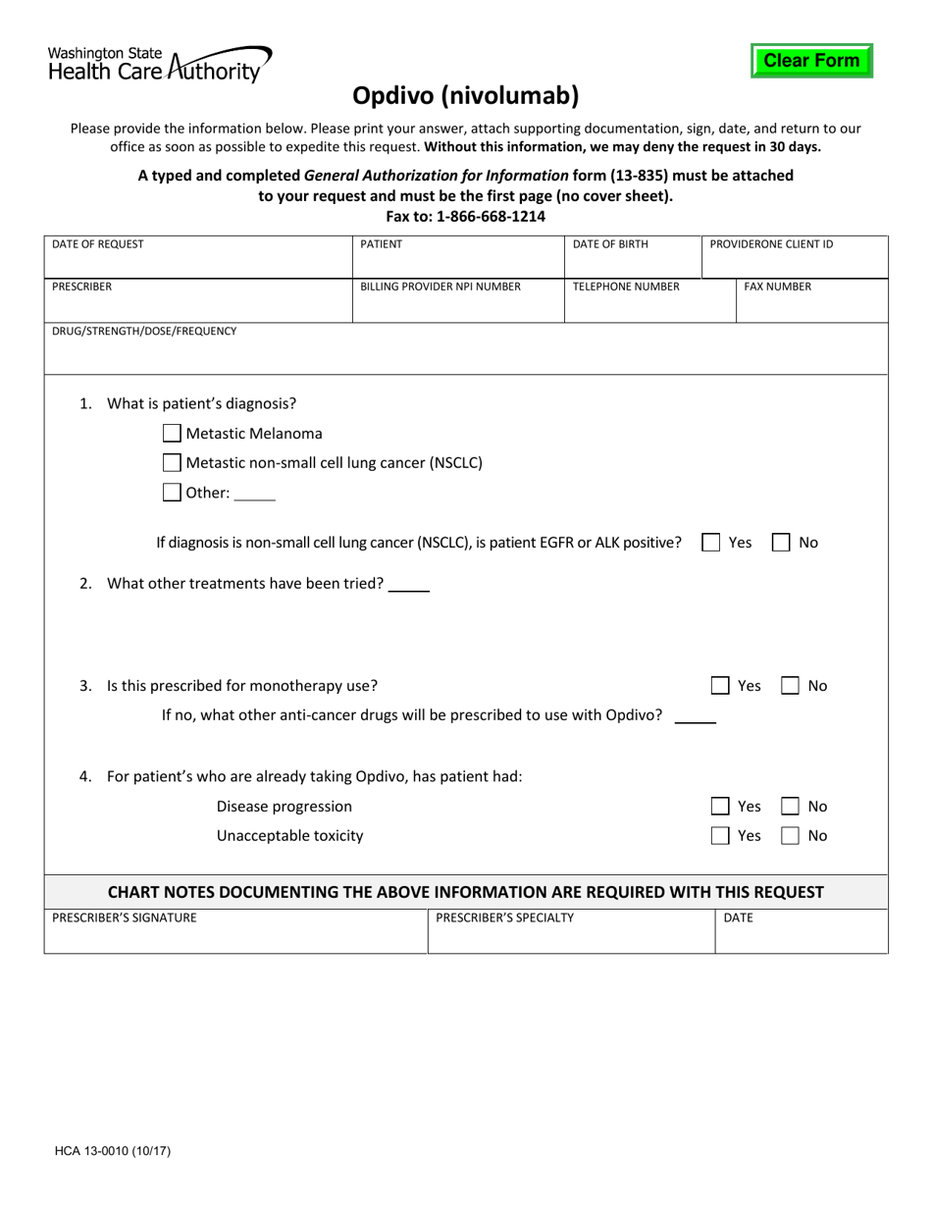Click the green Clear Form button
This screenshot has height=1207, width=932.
coord(811,61)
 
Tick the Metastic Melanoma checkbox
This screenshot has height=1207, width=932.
coord(172,433)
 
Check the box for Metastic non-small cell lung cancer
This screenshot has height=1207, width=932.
coord(172,462)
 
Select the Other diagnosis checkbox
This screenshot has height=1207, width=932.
coord(172,493)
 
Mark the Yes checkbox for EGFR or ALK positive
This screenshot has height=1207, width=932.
coord(711,542)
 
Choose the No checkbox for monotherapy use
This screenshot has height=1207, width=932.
coord(791,686)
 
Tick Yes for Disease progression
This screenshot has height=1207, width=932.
coord(720,806)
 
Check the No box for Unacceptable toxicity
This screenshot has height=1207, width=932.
coord(791,836)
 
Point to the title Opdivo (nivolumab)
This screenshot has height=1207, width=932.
coord(466,95)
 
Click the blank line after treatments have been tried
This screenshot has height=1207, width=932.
coord(409,586)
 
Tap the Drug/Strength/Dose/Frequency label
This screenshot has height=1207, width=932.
coord(144,332)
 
